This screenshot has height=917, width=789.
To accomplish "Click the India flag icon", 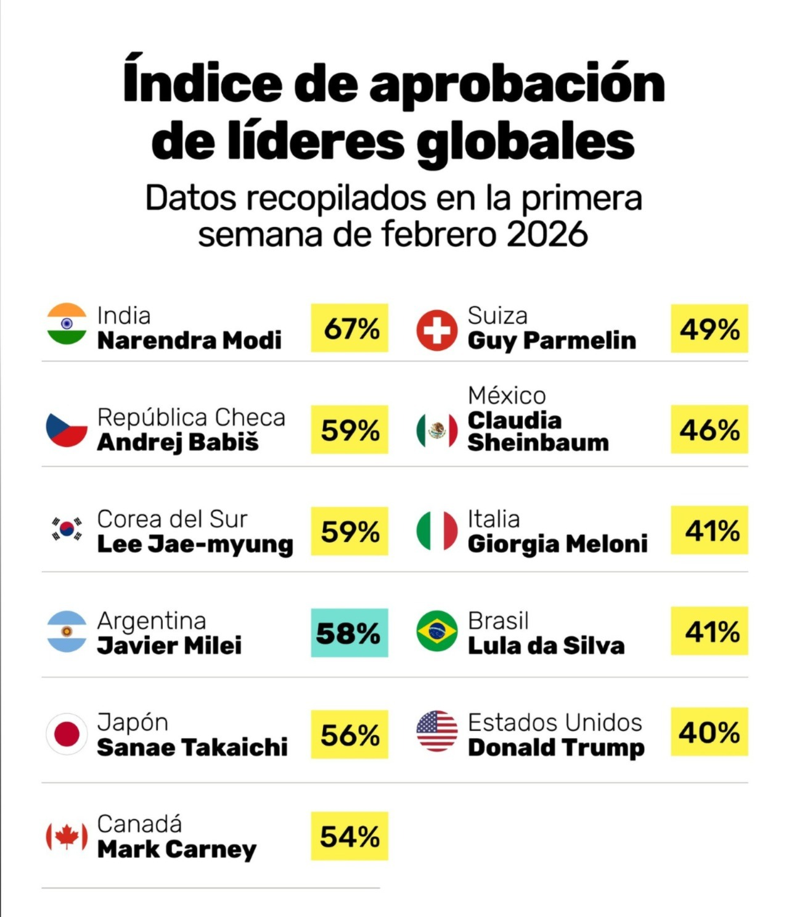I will [67, 324].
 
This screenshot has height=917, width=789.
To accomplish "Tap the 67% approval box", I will [350, 328].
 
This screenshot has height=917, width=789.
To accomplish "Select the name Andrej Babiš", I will [178, 442].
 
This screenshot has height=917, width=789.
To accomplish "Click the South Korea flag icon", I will [67, 529].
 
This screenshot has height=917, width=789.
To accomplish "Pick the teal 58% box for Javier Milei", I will [350, 633].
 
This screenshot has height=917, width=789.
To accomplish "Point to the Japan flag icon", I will [67, 734].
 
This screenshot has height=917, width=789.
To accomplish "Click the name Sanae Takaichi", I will [192, 747].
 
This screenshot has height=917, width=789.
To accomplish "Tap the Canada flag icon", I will [67, 836].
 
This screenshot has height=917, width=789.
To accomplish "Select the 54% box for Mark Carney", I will [350, 836].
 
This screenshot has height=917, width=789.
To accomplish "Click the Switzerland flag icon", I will [437, 330].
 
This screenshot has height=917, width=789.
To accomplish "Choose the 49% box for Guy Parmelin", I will [709, 329].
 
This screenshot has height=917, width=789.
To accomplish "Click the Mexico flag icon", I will [437, 430].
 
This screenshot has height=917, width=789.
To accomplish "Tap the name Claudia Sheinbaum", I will [538, 431].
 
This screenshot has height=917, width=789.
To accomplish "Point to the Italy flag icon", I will [437, 530].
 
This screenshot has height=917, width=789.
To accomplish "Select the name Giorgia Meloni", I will [558, 544].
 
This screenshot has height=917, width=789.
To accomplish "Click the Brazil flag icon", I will [437, 631].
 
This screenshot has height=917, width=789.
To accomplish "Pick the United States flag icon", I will [437, 731].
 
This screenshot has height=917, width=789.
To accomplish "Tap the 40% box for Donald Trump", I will [709, 732].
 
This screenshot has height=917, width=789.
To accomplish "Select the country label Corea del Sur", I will [173, 519].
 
